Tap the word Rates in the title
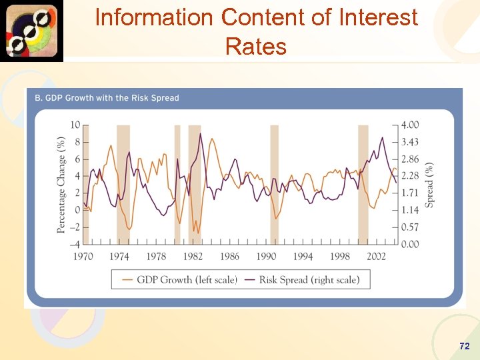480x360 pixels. pos(256,47)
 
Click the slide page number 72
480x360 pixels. pos(465,346)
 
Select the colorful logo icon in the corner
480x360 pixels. pos(31,31)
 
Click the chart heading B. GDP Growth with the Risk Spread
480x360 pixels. pos(107,98)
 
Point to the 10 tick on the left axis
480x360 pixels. pos(75,125)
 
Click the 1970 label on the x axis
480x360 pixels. pos(83,257)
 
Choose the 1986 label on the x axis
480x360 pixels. pos(229,257)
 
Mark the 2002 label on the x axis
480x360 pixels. pos(376,257)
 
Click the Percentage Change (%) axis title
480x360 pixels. pos(61,185)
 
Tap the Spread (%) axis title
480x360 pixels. pos(430,185)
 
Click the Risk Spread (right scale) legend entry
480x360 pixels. pos(309,280)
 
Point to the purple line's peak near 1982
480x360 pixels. pos(200,134)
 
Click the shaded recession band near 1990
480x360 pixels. pos(274,185)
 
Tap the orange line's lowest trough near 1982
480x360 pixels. pos(194,232)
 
